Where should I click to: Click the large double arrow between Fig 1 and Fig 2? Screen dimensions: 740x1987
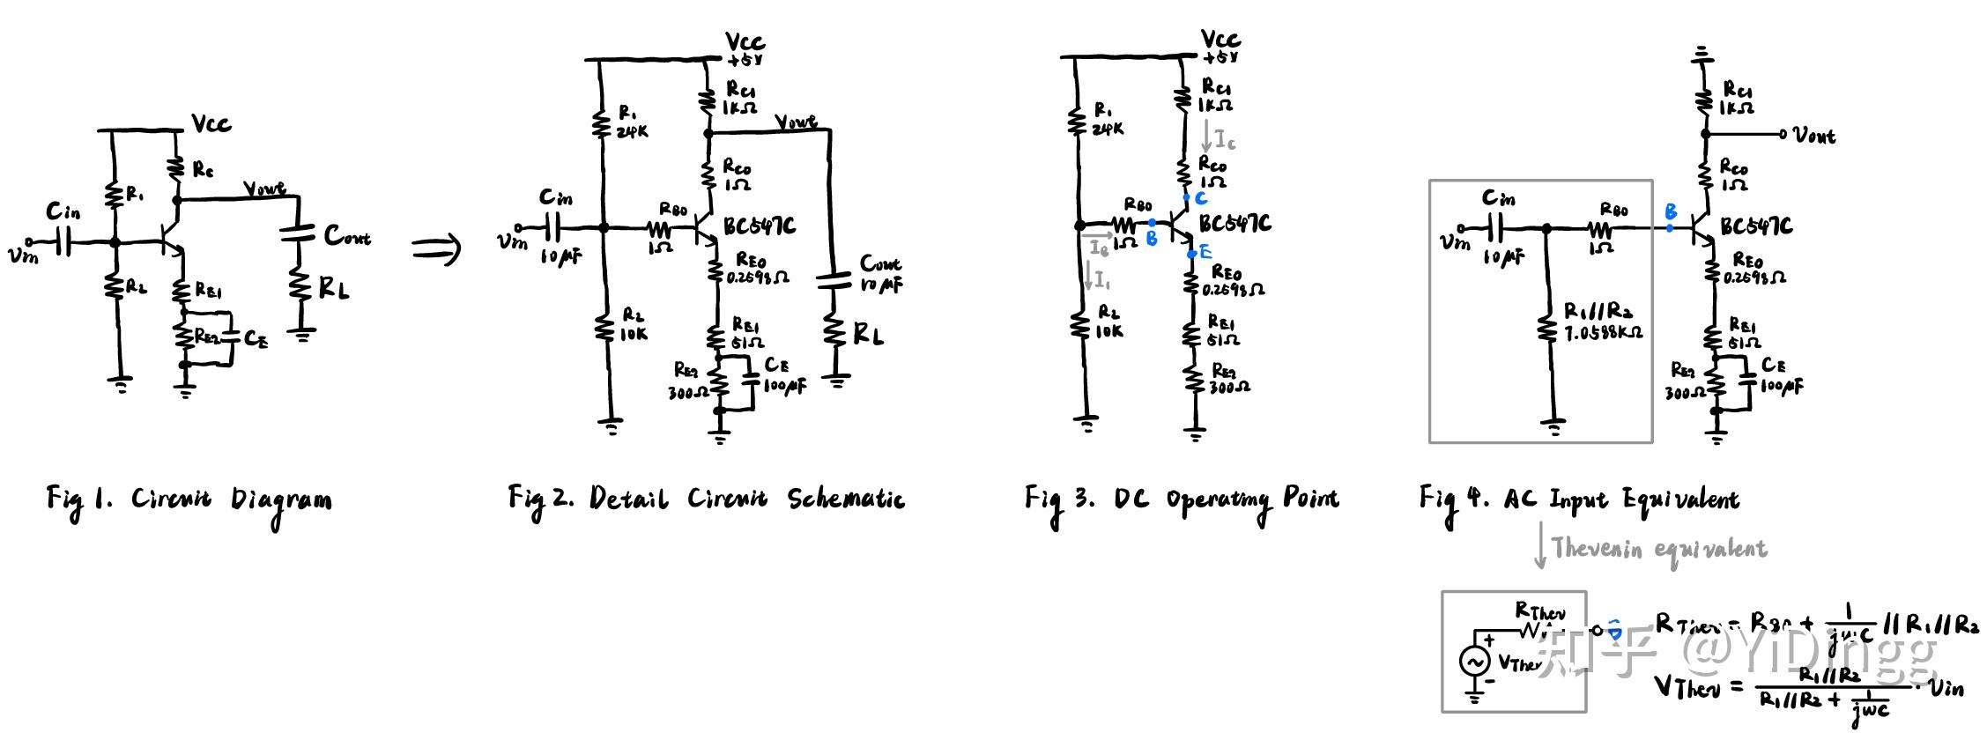[x=436, y=248]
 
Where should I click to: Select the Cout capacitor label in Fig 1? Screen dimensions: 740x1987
[x=347, y=235]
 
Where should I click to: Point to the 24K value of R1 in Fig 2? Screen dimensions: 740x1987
[x=633, y=131]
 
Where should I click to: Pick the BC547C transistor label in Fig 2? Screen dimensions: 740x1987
[x=759, y=226]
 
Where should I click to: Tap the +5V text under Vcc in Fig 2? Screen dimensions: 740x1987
[x=745, y=60]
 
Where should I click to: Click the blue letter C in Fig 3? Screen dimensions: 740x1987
[x=1200, y=198]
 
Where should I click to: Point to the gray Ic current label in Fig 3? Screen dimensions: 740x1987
[x=1225, y=138]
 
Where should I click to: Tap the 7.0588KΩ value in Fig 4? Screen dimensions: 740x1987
[x=1603, y=333]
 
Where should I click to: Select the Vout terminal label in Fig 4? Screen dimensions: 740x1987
[x=1815, y=136]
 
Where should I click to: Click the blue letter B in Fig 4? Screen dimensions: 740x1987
[x=1670, y=211]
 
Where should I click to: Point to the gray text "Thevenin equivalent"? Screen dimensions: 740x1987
[x=1659, y=549]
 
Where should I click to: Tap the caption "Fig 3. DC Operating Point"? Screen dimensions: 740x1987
[x=1181, y=500]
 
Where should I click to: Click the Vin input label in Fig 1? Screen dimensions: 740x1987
[x=24, y=256]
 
